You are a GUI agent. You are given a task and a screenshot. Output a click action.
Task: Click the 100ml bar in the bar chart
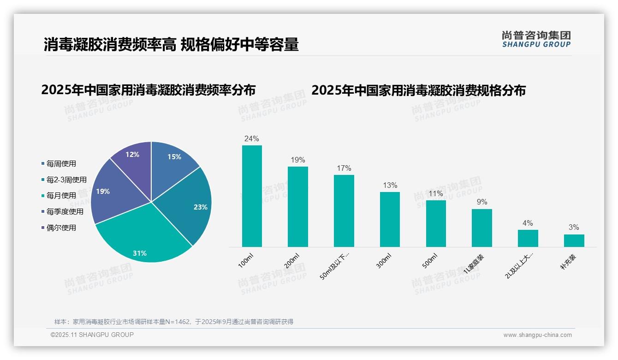pos(252,196)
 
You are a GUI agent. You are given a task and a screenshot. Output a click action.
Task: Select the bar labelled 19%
pos(297,207)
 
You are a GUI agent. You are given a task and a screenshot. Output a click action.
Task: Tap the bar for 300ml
pos(390,219)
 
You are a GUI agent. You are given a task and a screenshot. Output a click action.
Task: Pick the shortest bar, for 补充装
pos(574,240)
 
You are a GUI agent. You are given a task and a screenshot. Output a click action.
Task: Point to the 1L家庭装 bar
pos(481,228)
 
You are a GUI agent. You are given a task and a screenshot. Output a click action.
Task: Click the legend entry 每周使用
pos(61,163)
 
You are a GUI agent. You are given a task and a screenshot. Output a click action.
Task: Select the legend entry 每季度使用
pos(65,211)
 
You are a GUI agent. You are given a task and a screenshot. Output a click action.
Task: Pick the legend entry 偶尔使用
pos(61,228)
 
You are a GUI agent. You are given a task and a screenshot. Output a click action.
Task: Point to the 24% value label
pos(252,138)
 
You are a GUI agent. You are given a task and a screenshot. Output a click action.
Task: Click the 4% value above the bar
pos(528,223)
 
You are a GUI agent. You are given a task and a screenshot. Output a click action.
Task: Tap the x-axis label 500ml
pos(429,261)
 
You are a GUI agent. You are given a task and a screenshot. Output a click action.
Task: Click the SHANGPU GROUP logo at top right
pos(536,39)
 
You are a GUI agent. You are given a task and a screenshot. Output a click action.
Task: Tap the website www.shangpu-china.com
pos(537,335)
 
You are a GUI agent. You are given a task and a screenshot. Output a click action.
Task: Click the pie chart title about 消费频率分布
pos(149,90)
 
